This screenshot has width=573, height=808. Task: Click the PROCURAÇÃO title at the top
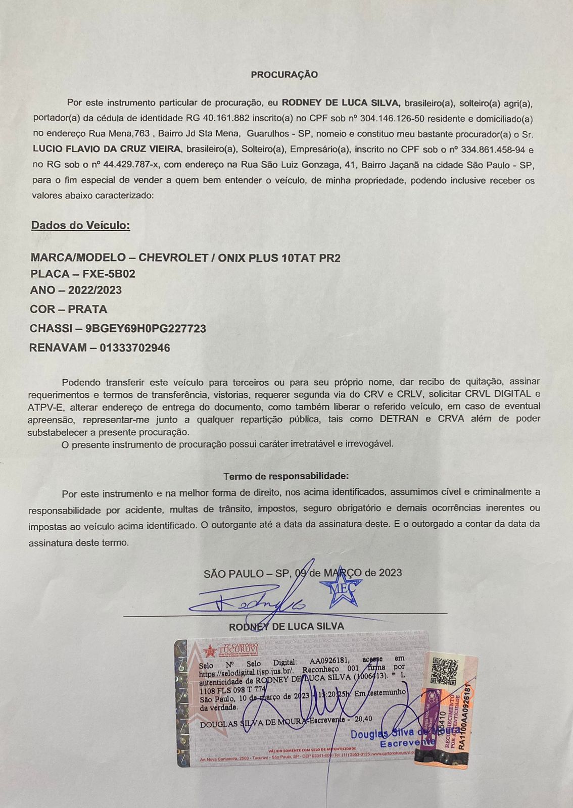point(284,75)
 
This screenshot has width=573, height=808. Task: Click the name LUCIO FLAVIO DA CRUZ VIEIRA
point(107,149)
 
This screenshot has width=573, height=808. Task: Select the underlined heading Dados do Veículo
point(80,225)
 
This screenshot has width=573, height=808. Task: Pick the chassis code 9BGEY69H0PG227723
point(146,329)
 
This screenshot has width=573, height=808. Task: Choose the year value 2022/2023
point(95,290)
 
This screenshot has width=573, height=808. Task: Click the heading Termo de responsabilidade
point(286,476)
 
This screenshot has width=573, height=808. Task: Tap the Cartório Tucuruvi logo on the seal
point(230,650)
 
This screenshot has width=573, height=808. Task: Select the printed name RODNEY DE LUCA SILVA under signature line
point(287,627)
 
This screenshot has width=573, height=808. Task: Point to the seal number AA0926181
point(329,662)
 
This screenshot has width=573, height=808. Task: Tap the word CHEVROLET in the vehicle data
point(173,258)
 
